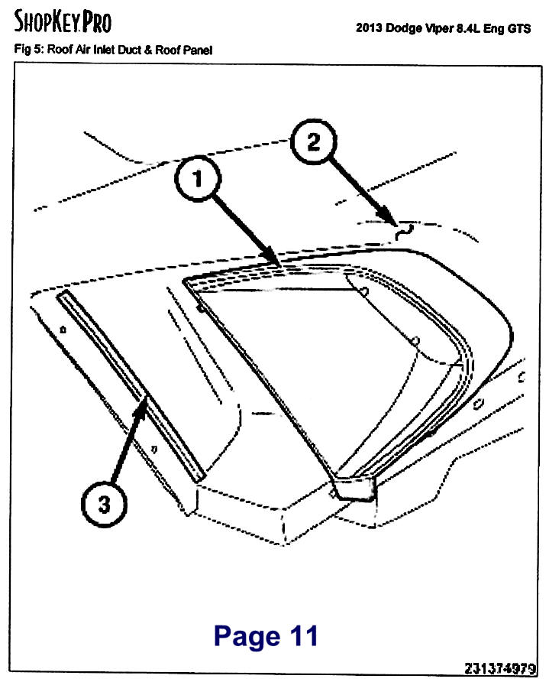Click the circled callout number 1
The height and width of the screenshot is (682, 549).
tap(198, 179)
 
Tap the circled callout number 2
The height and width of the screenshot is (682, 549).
tap(313, 141)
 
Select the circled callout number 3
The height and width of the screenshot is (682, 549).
tap(105, 504)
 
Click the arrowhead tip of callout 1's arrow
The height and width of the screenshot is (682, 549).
tap(280, 266)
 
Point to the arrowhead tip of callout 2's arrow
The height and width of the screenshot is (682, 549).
tap(396, 225)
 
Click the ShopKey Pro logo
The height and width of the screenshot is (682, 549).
tap(63, 21)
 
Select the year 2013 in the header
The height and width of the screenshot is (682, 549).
tap(370, 28)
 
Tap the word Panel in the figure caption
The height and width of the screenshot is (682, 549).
tap(197, 50)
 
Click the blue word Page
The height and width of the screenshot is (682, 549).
tap(247, 637)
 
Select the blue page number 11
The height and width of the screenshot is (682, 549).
tap(304, 635)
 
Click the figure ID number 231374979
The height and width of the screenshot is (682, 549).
tap(500, 668)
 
